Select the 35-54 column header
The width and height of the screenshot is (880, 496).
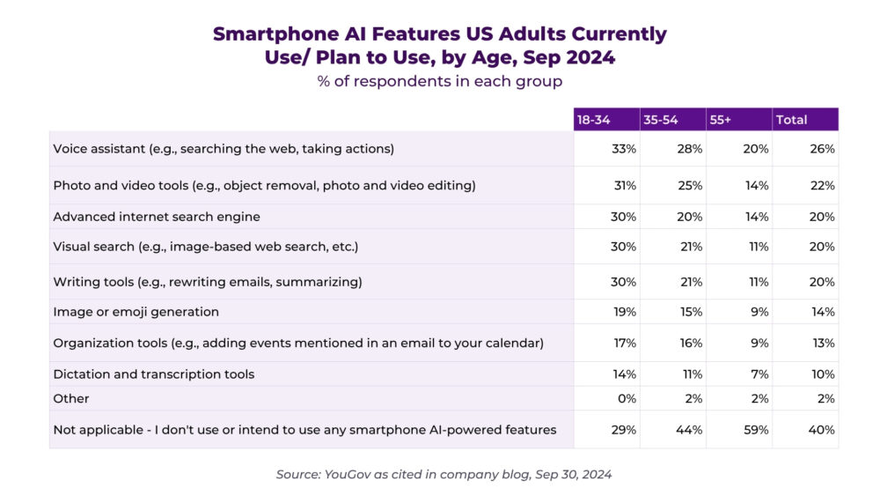tap(661, 120)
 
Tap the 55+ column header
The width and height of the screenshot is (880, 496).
tap(719, 120)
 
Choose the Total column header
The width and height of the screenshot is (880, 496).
tap(791, 120)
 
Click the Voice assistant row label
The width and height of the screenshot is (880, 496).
tap(224, 149)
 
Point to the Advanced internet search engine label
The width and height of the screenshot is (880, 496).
tap(157, 217)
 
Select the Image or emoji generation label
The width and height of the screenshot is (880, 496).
tap(136, 312)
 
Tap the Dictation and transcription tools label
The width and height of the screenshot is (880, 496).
tap(154, 374)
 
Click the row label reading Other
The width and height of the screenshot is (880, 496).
tap(71, 398)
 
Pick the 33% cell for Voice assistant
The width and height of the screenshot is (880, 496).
tap(624, 149)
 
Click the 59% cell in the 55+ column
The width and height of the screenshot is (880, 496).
tap(756, 430)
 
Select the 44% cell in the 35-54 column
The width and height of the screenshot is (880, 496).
tap(689, 430)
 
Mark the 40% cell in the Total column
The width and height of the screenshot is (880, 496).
tap(822, 430)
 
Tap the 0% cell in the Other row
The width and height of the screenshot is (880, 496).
tap(627, 398)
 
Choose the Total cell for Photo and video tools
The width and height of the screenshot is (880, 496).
tap(822, 186)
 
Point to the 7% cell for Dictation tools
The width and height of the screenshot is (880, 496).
tap(759, 374)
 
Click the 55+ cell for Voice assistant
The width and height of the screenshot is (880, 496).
tap(755, 149)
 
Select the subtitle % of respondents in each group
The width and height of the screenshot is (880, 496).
tap(439, 81)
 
